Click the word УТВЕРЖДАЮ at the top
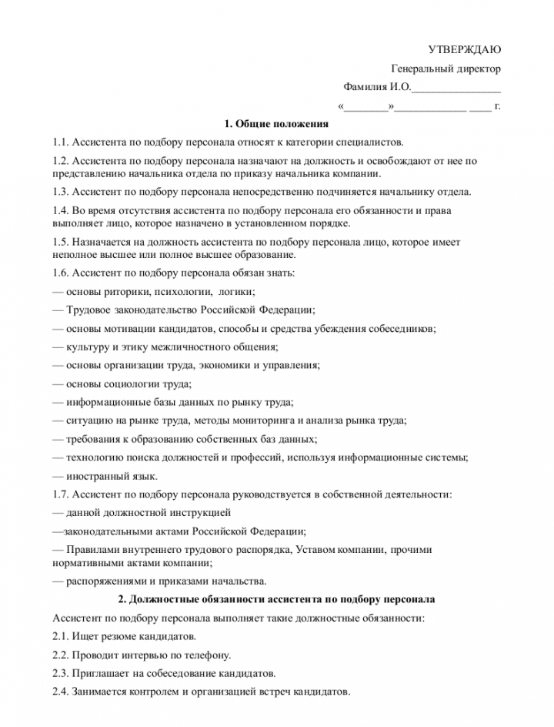(464, 49)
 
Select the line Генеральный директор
(446, 69)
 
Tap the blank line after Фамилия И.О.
(456, 88)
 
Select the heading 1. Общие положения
(276, 124)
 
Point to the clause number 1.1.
(61, 142)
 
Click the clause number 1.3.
(61, 192)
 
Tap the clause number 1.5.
(61, 242)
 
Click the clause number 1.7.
(61, 494)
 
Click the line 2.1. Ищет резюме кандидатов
(124, 636)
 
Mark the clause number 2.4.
(61, 692)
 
